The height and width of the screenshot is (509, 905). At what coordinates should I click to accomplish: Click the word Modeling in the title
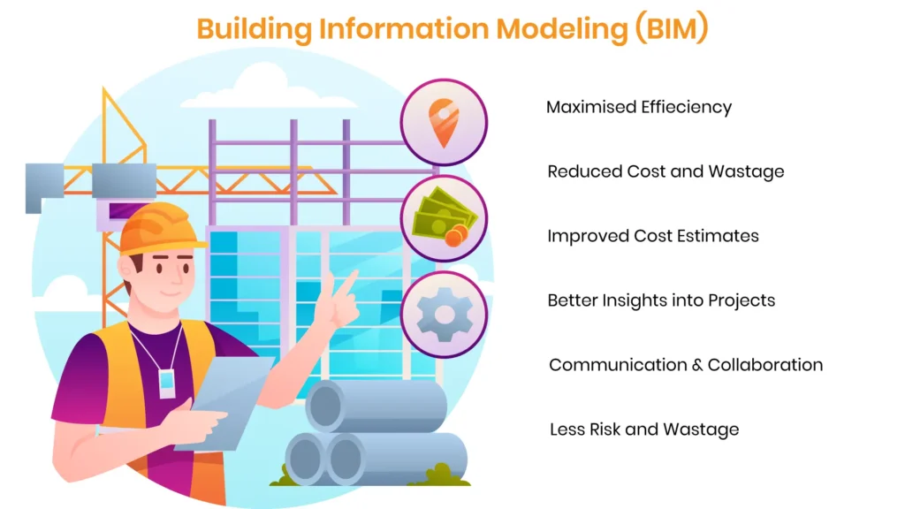tap(561, 29)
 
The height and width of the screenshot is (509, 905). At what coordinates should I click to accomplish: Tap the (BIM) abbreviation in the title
tap(672, 28)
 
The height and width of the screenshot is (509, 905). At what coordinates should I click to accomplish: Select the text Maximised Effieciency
tap(639, 107)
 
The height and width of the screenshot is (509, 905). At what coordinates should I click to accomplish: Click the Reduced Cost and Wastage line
tap(665, 171)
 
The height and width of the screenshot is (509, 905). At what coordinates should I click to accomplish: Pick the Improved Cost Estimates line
tap(653, 236)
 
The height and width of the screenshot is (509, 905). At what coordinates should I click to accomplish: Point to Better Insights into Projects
tap(661, 300)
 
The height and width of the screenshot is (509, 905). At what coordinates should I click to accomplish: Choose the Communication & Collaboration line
tap(686, 365)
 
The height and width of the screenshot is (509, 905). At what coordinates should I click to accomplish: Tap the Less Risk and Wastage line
tap(644, 429)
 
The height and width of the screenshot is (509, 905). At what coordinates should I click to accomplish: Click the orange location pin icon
tap(444, 122)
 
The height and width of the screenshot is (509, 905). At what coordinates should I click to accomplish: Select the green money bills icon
tap(445, 218)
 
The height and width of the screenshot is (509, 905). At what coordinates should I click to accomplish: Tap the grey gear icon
tap(444, 315)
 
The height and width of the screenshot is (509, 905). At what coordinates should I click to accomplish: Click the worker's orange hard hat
tap(160, 229)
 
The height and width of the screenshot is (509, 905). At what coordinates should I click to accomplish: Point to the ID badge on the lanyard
tap(167, 384)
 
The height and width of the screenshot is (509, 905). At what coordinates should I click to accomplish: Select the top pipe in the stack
tap(376, 405)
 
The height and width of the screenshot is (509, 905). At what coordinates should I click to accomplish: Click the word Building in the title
tap(254, 29)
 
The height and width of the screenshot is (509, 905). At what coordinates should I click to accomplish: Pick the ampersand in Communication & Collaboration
tap(697, 365)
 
